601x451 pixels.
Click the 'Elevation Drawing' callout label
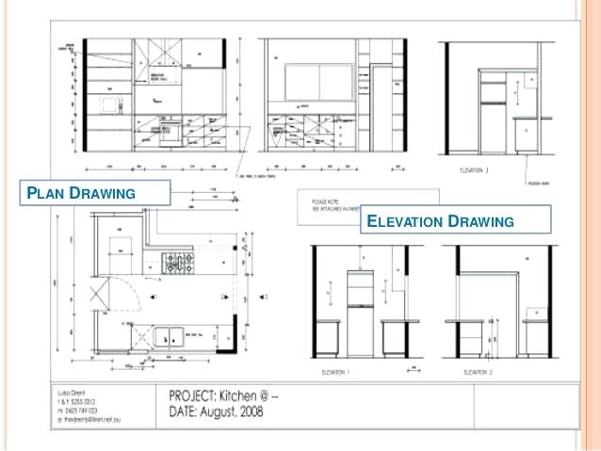tap(439, 221)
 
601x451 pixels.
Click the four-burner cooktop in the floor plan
tap(179, 263)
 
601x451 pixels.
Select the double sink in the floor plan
tap(169, 333)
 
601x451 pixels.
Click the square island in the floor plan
tap(124, 247)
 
